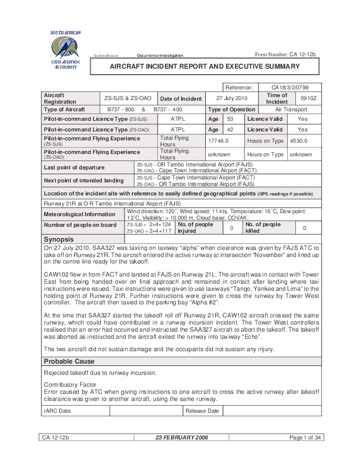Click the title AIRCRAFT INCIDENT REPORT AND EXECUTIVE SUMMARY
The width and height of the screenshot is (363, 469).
[205, 67]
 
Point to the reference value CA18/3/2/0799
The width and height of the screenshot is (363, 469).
[289, 87]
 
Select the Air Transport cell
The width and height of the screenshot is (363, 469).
[291, 110]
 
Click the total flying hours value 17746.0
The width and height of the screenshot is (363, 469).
[218, 141]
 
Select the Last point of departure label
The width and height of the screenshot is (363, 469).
[74, 168]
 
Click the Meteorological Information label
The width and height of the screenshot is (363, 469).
[79, 214]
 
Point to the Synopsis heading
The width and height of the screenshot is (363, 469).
[59, 238]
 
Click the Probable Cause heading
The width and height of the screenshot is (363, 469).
[69, 361]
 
